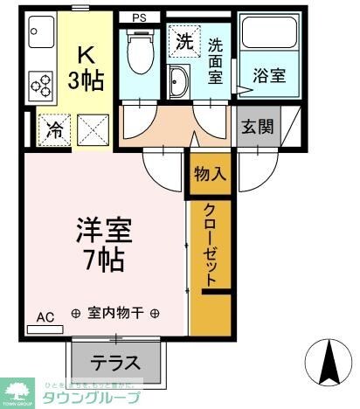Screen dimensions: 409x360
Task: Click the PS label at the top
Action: click(x=140, y=17)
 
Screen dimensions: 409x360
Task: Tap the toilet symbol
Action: click(x=139, y=54)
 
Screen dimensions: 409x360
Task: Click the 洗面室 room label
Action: click(x=215, y=59)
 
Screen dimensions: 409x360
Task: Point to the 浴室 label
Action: click(x=268, y=76)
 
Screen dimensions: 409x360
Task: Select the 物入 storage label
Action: click(x=210, y=173)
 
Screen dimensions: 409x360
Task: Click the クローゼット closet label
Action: click(x=211, y=245)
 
